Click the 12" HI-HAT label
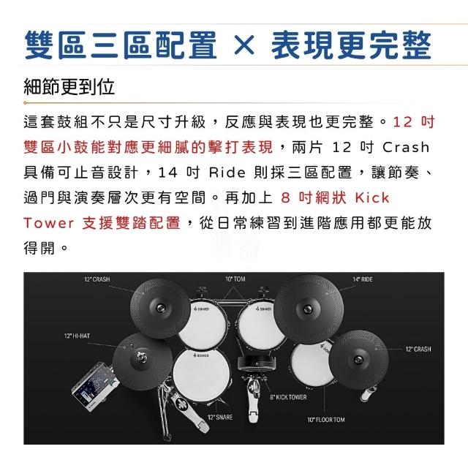coord(77,336)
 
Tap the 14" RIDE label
coord(363,279)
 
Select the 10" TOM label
coord(235,279)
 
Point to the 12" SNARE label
coord(220,417)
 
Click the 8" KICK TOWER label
coord(288,397)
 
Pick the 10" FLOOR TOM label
coord(326,420)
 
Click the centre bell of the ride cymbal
coord(308,309)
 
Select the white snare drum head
coord(202,374)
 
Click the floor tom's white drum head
coord(312,364)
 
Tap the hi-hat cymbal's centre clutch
coord(141,357)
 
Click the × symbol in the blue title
coord(244,45)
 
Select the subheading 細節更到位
coord(69,87)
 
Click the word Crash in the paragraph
coord(406,147)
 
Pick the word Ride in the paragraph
coord(227,173)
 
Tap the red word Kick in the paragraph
coord(372,197)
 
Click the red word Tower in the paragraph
coord(49,223)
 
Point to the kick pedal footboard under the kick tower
coord(252,401)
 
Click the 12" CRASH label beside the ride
coord(418,349)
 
